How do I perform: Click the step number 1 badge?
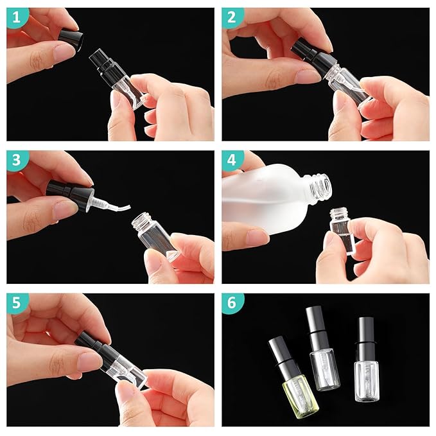click(x=16, y=17)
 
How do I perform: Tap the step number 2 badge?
click(x=232, y=17)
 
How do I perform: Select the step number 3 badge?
click(x=16, y=160)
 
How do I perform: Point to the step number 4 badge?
click(x=232, y=160)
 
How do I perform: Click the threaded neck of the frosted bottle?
click(x=318, y=188)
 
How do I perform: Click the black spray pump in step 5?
click(x=96, y=347)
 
